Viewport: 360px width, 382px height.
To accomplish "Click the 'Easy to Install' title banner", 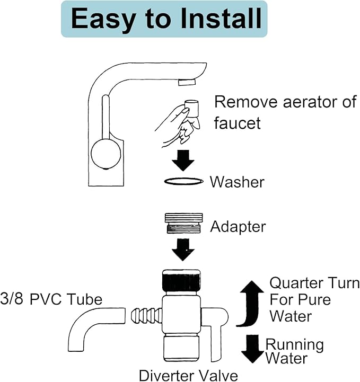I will pyautogui.click(x=165, y=19).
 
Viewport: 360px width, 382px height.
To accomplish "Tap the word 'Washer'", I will pyautogui.click(x=236, y=182).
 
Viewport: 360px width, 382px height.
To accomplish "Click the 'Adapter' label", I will pyautogui.click(x=238, y=227).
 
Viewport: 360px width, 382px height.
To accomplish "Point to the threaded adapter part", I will pyautogui.click(x=183, y=224).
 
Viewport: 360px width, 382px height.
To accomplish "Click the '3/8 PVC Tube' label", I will pyautogui.click(x=51, y=299).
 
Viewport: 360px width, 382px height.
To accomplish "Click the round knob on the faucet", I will pyautogui.click(x=106, y=153).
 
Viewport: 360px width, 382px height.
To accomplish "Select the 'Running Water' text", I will pyautogui.click(x=294, y=351).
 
